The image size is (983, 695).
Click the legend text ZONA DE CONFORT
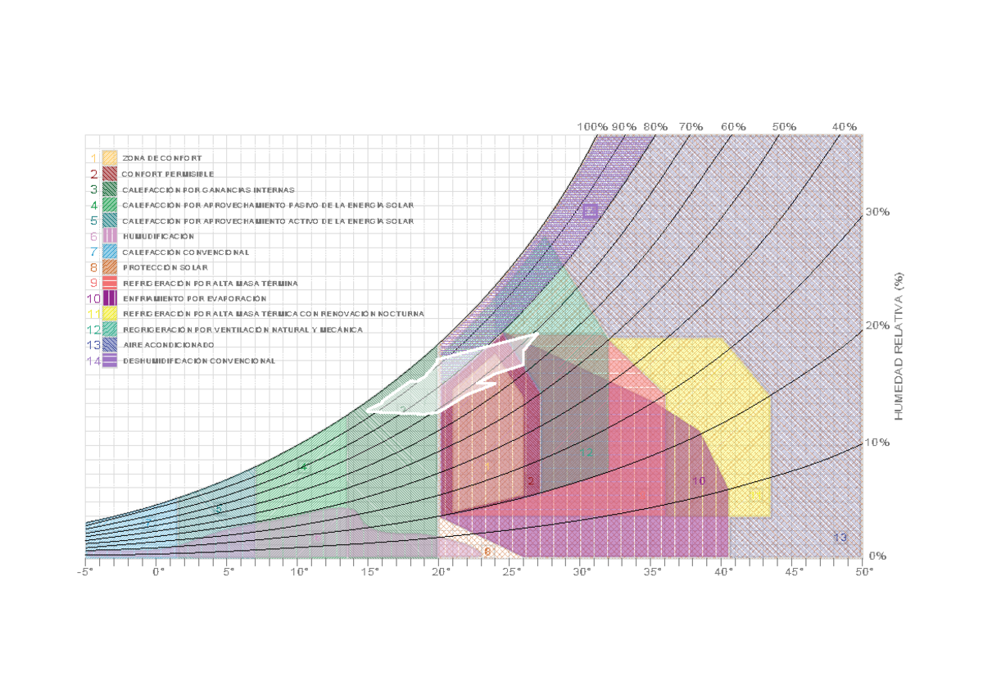162,157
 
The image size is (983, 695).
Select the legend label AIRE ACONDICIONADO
169,345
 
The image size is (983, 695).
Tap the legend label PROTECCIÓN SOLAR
165,267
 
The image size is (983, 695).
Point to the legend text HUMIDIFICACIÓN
159,236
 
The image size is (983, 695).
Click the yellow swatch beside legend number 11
110,314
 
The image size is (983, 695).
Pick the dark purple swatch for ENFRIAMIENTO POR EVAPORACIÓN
110,298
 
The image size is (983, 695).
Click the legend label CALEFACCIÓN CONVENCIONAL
186,252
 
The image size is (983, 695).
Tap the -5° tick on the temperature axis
85,571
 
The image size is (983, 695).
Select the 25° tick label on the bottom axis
511,571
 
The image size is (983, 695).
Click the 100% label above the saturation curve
592,127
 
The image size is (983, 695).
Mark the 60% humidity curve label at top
733,127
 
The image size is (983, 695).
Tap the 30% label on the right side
877,212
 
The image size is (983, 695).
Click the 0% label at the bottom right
877,556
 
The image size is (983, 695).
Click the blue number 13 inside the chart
840,538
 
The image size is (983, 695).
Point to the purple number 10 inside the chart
699,481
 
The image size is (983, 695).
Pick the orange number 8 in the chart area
487,552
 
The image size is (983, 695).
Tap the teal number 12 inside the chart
587,452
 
